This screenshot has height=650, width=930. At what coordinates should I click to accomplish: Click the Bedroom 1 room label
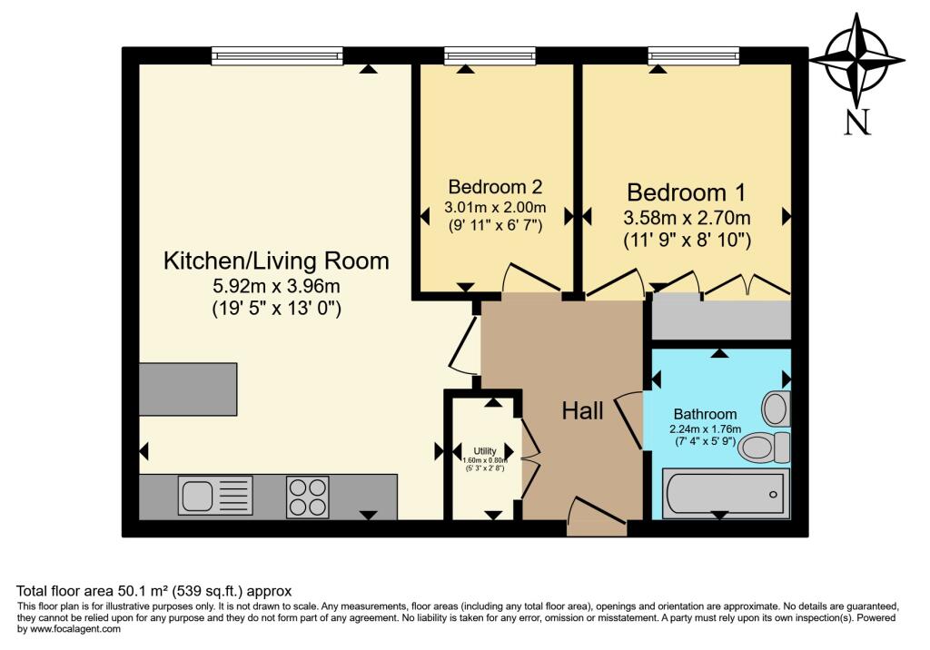point(687,193)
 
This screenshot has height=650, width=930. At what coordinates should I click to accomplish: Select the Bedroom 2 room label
point(495,188)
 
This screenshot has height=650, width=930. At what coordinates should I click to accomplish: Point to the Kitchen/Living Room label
point(276,261)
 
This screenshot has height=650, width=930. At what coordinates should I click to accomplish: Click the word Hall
point(582,411)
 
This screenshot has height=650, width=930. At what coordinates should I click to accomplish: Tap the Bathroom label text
point(705,414)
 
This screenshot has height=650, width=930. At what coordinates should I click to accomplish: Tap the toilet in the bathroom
point(764,447)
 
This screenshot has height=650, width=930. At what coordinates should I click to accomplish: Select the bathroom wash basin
point(777,409)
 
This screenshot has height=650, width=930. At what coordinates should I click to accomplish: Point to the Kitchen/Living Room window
point(276,56)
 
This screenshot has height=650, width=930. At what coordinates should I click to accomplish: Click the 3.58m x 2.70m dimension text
point(687,218)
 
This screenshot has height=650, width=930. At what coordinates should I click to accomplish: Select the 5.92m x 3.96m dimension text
point(276,286)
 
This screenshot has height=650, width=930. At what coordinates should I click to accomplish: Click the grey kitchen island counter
point(188,389)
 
